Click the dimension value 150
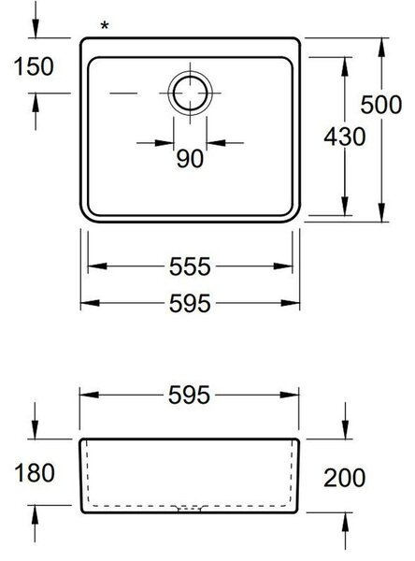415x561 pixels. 34,66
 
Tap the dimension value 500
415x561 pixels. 381,105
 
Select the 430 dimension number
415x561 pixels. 345,137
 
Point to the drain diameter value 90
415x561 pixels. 190,159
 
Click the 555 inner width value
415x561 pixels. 190,266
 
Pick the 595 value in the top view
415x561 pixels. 190,303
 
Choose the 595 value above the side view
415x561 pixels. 189,395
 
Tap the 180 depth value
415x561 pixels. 35,472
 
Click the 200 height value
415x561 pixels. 345,478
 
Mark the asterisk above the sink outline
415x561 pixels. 105,26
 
